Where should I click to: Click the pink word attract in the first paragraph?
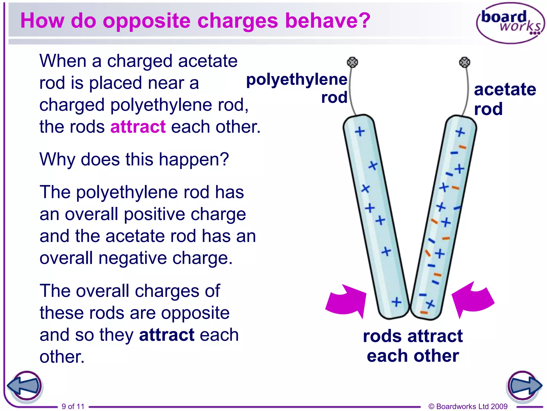[x=138, y=127]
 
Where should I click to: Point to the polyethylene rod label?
[x=297, y=88]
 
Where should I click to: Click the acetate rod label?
[x=505, y=99]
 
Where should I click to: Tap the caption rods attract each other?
[x=413, y=346]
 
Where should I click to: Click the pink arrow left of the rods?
[x=346, y=301]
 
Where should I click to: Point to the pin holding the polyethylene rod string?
[x=352, y=62]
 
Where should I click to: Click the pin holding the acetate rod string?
[x=464, y=62]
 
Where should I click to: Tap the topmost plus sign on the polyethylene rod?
[x=360, y=131]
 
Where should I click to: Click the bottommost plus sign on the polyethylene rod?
[x=397, y=302]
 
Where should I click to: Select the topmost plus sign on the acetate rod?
[x=460, y=132]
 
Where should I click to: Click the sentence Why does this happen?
[x=134, y=159]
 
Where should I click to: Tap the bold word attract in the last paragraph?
[x=167, y=335]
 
